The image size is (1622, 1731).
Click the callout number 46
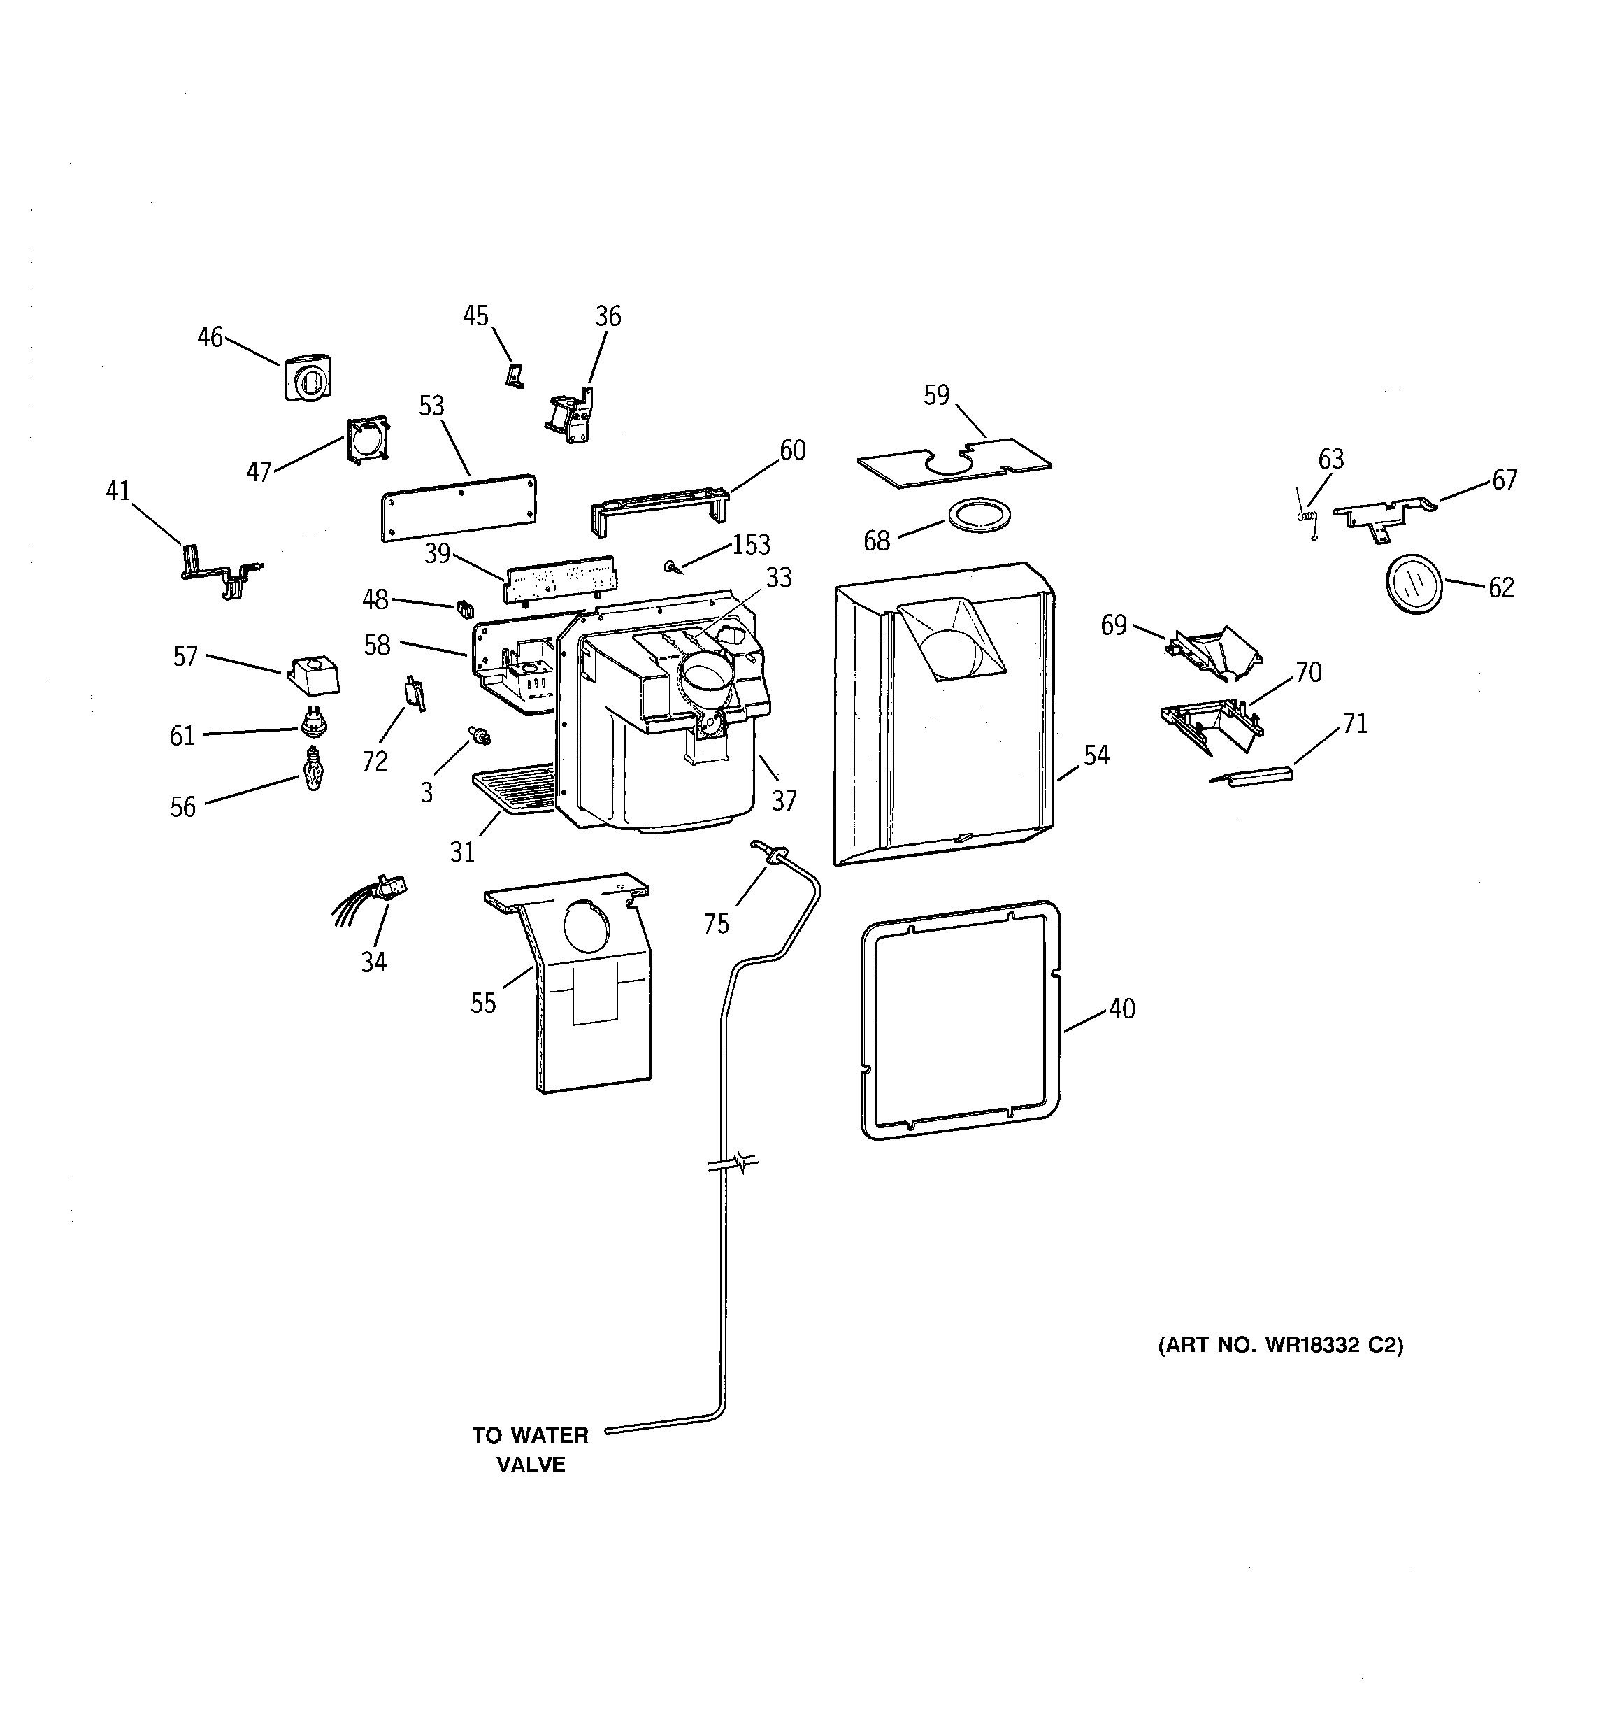coord(210,337)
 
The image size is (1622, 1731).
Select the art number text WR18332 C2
coord(1280,1345)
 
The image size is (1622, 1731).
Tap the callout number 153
coord(750,545)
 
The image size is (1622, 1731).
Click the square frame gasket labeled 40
coord(959,1019)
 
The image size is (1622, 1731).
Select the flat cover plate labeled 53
coord(459,508)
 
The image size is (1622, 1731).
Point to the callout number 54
coord(1096,755)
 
